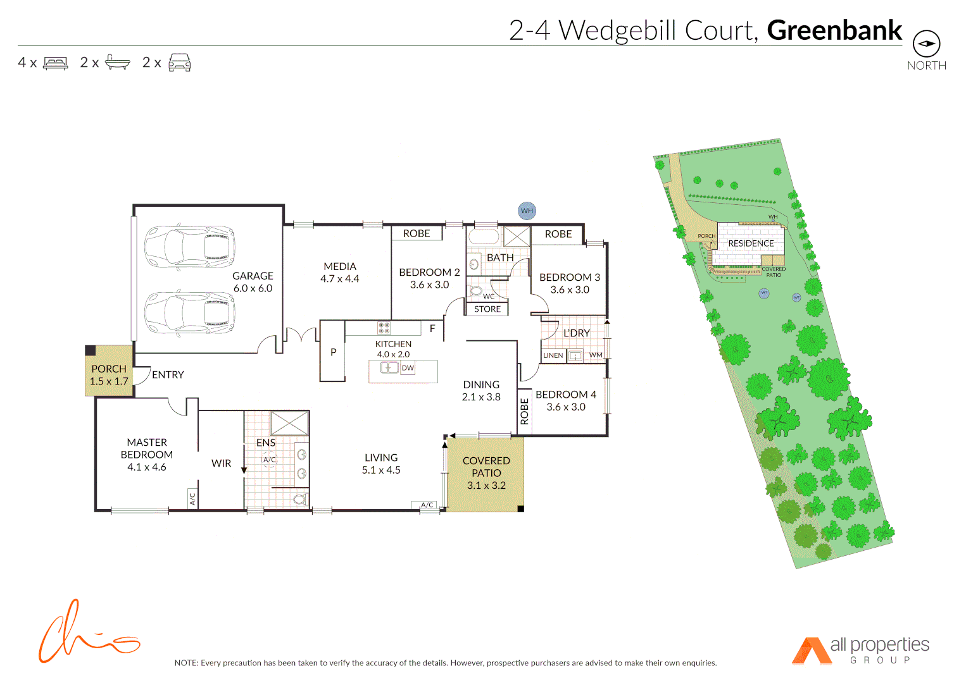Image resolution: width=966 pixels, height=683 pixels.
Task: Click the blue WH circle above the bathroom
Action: coord(527,211)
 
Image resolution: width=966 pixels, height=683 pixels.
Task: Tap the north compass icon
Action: coord(926,44)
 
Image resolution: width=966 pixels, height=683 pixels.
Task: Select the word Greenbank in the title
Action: coord(834,30)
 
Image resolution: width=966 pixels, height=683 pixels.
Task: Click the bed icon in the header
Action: coord(55,63)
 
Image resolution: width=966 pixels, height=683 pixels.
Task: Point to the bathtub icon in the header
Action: coord(117,62)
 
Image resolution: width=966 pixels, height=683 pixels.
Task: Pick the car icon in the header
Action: coord(180,62)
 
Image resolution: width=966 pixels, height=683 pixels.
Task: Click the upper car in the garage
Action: coord(190,246)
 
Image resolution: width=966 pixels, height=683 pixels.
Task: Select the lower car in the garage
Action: coord(190,312)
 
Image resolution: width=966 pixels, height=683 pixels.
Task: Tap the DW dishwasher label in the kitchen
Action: coord(408,367)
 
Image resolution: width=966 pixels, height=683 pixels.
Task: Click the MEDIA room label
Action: coord(340,266)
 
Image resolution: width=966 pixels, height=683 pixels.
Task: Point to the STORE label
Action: coord(487,309)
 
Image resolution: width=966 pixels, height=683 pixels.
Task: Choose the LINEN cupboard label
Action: coord(553,355)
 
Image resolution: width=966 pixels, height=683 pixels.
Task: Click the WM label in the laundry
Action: coord(596,355)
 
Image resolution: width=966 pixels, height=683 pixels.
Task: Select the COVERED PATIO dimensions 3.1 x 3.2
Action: coord(486,485)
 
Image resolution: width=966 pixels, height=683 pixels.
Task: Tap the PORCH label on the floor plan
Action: coord(109,369)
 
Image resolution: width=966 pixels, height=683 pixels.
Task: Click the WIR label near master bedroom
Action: coord(221,463)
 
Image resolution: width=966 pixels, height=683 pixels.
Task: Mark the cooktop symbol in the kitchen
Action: coord(384,328)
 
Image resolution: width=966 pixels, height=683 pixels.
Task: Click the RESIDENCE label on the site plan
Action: coord(751,243)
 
